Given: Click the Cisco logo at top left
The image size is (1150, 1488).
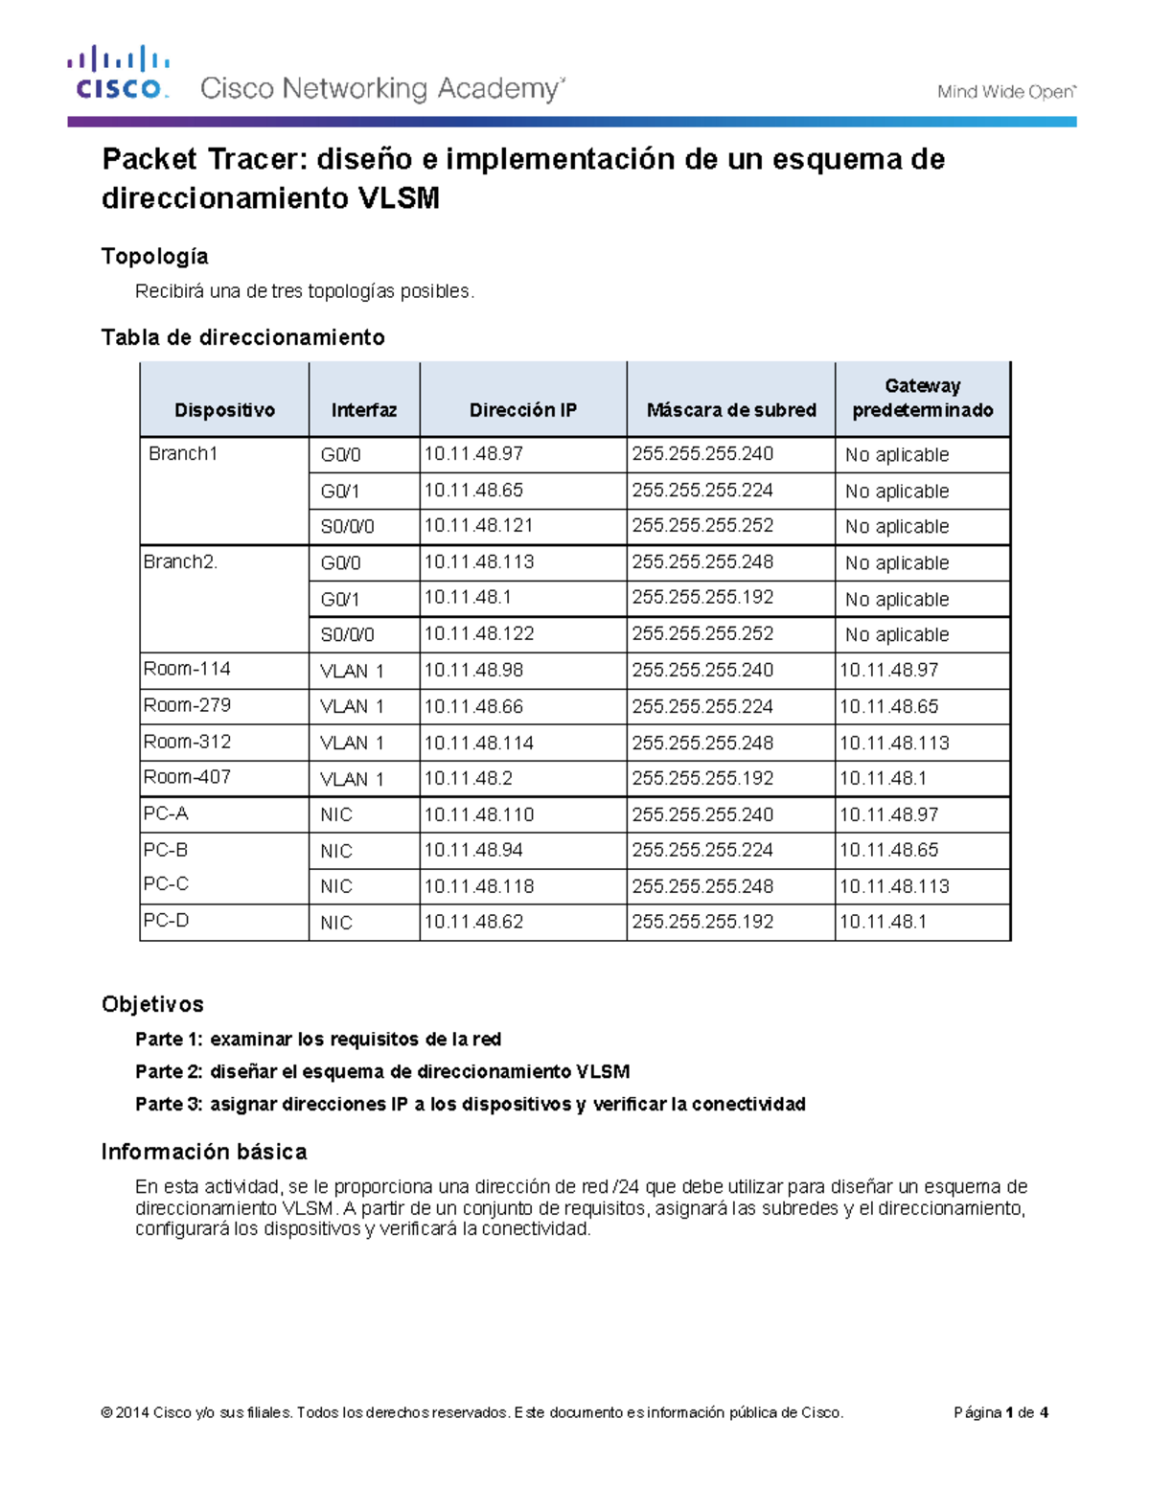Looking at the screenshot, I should coord(118,74).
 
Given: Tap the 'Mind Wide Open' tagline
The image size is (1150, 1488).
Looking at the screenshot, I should coord(1005,92).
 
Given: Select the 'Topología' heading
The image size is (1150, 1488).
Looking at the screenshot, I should coord(154,256).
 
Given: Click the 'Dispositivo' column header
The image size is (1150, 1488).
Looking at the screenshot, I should coord(224,410).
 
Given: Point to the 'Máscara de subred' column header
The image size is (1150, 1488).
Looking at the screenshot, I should coord(730,410).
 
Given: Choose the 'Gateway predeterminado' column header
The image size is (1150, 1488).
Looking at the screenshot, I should coord(922,398).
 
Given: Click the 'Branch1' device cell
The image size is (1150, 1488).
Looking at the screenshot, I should coord(183,454).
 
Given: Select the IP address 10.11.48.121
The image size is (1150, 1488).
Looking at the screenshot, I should coord(478,526).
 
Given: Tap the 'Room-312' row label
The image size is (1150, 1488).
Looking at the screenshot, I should coord(187,742).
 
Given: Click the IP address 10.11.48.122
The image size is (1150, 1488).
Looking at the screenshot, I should coord(478,634).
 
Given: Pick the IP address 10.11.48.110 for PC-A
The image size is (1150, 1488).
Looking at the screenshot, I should coord(478,814).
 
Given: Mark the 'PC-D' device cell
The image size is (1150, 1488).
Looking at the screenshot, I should coord(166,921).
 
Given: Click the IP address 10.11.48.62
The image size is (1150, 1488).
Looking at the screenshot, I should coord(473,922).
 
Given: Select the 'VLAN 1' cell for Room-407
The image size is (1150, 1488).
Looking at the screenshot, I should coord(352,779).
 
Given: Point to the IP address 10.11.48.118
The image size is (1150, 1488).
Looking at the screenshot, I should coord(478,886).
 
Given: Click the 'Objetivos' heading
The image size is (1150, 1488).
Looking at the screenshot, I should coord(152,1004).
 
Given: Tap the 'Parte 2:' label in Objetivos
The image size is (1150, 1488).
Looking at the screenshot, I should coord(169,1072).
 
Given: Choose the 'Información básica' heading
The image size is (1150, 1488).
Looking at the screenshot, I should coord(204,1152).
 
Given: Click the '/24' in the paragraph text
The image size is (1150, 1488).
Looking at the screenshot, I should coord(627,1187).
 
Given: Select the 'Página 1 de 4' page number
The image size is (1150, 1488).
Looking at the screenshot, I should coord(1000,1412).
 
